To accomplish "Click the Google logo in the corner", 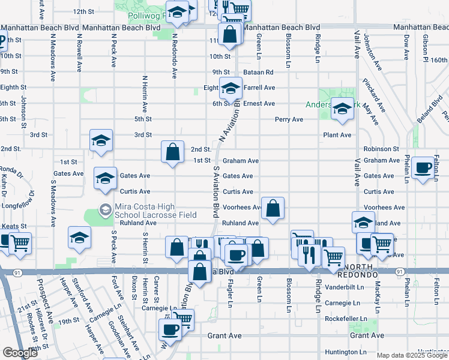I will point(20,353).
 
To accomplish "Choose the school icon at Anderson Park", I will point(342,110).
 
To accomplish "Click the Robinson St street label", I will point(381,149).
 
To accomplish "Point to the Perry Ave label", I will point(289,119).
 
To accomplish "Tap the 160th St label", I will point(439,60).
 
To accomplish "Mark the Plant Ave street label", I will point(337,135).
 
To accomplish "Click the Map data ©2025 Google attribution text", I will point(411,355).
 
